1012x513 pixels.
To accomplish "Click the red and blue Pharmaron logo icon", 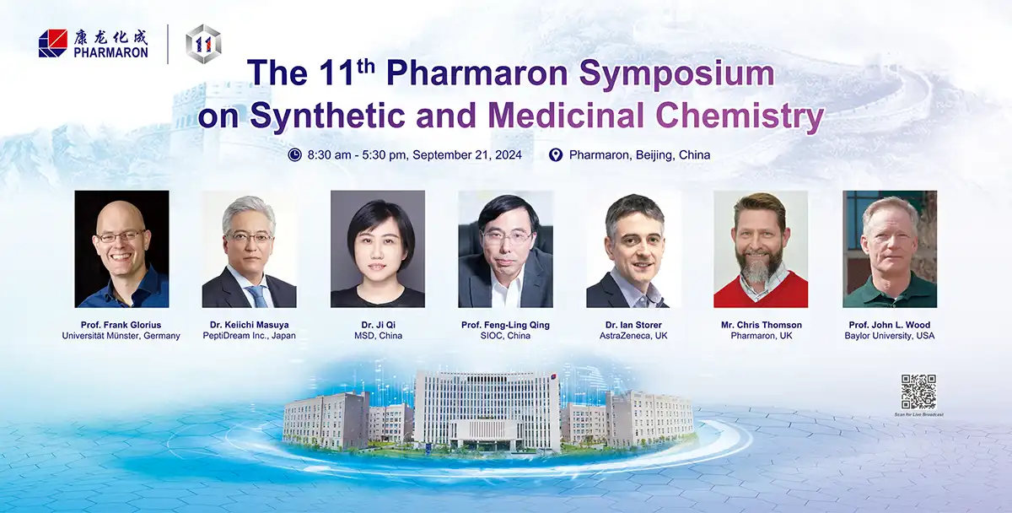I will pyautogui.click(x=52, y=43).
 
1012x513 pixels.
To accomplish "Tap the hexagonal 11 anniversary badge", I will pyautogui.click(x=203, y=42).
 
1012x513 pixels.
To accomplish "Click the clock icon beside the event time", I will pyautogui.click(x=294, y=154).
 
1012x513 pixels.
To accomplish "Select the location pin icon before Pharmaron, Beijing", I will pyautogui.click(x=555, y=154).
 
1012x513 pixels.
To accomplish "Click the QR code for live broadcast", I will pyautogui.click(x=918, y=391).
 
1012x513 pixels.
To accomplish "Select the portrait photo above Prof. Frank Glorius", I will pyautogui.click(x=121, y=249).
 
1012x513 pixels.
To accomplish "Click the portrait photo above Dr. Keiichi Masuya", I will pyautogui.click(x=249, y=249).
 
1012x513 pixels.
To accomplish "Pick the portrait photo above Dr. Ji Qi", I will pyautogui.click(x=377, y=249).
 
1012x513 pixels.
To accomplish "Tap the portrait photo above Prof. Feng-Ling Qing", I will pyautogui.click(x=505, y=249).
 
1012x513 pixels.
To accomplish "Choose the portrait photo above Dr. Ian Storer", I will pyautogui.click(x=633, y=249).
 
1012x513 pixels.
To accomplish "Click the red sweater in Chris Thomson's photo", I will pyautogui.click(x=760, y=292).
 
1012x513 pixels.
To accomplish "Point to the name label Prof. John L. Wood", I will pyautogui.click(x=889, y=323).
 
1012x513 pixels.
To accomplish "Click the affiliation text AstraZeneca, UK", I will pyautogui.click(x=633, y=336).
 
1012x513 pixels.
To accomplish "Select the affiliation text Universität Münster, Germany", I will pyautogui.click(x=121, y=336).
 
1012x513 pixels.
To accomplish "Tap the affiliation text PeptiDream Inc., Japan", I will pyautogui.click(x=249, y=336).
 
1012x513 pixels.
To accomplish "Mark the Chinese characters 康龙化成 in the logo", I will pyautogui.click(x=110, y=37).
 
